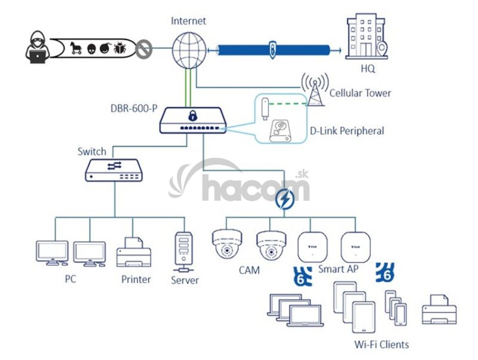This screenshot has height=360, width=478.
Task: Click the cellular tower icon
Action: [314, 90]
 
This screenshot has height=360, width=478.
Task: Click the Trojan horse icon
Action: [76, 48]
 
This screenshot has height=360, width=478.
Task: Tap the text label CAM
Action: [249, 270]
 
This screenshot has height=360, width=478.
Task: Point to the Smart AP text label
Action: [338, 270]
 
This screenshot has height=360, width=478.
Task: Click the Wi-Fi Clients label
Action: [382, 344]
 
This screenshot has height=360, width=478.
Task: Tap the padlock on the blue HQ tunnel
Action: [272, 48]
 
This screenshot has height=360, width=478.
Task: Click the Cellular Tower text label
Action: [360, 93]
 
